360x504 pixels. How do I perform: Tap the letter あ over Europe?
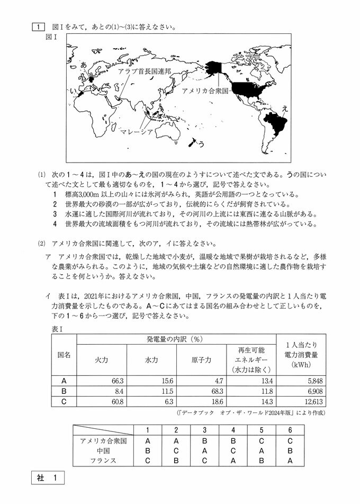click(x=83, y=65)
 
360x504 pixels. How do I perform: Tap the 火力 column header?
click(x=101, y=359)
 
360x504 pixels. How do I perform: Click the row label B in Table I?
click(x=64, y=391)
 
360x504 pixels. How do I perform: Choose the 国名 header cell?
click(x=64, y=354)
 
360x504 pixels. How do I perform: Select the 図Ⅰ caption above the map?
click(x=52, y=37)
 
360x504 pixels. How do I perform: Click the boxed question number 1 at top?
click(x=38, y=26)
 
